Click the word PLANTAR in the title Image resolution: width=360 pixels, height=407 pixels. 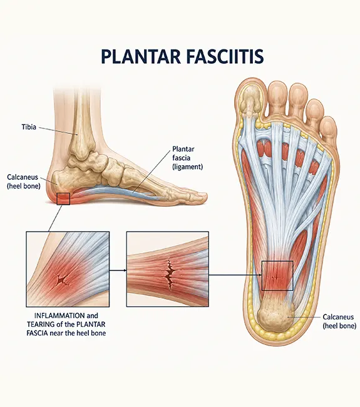(141, 56)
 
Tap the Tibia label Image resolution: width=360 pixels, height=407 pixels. (29, 127)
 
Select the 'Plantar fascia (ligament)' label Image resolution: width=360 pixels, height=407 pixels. (187, 158)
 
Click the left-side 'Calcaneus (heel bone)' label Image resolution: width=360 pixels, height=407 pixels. (23, 182)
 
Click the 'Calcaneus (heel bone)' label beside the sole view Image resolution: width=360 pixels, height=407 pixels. (339, 321)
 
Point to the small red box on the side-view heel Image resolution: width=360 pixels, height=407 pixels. (63, 199)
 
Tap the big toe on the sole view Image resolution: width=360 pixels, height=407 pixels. (250, 100)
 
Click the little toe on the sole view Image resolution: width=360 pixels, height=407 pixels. (328, 129)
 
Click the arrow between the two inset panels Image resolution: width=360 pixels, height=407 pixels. (118, 270)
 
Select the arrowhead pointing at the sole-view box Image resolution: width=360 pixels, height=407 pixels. (260, 275)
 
